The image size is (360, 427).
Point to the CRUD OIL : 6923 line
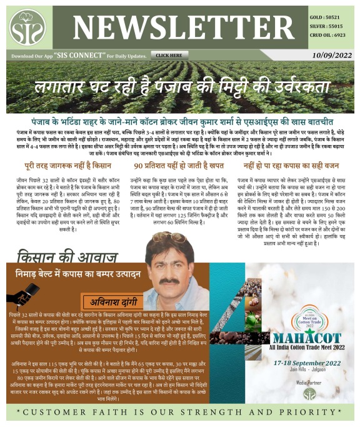(329, 36)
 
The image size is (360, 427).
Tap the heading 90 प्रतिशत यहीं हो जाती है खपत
(178, 168)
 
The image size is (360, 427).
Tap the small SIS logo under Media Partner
(310, 393)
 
